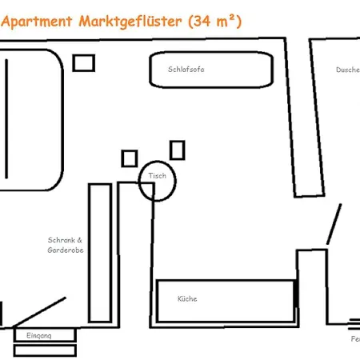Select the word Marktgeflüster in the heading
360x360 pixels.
pyautogui.click(x=130, y=22)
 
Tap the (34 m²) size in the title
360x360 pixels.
pyautogui.click(x=214, y=22)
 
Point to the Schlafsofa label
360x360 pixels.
pyautogui.click(x=186, y=69)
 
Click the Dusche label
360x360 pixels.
pyautogui.click(x=347, y=70)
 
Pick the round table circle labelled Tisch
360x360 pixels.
pyautogui.click(x=157, y=182)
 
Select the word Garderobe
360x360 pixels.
pyautogui.click(x=66, y=250)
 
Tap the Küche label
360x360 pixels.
pyautogui.click(x=187, y=299)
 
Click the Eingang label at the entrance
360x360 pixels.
pyautogui.click(x=39, y=335)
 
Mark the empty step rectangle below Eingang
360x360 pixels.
pyautogui.click(x=45, y=350)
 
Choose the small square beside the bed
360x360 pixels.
pyautogui.click(x=83, y=62)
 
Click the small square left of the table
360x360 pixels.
pyautogui.click(x=130, y=158)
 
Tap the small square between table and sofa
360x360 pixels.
pyautogui.click(x=178, y=150)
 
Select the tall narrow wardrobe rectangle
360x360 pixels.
pyautogui.click(x=99, y=252)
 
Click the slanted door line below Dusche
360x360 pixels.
pyautogui.click(x=334, y=224)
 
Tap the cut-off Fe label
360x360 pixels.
pyautogui.click(x=354, y=339)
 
